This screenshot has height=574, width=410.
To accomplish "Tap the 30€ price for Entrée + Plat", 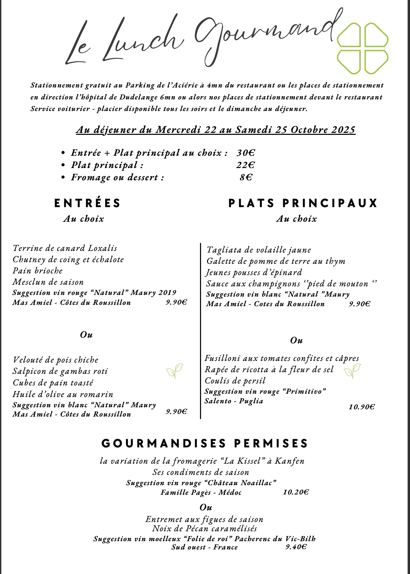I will pyautogui.click(x=246, y=153).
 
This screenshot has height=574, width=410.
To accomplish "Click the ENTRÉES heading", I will pyautogui.click(x=88, y=203).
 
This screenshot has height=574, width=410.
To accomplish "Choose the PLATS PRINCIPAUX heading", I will pyautogui.click(x=303, y=203).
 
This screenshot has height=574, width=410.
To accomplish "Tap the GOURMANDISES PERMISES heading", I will pyautogui.click(x=205, y=443).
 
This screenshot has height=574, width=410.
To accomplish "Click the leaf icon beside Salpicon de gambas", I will pyautogui.click(x=175, y=371).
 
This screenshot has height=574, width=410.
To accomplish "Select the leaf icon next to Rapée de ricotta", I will pyautogui.click(x=352, y=371).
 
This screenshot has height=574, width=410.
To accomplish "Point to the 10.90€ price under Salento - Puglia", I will pyautogui.click(x=362, y=407).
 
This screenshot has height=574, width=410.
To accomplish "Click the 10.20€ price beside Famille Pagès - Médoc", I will pyautogui.click(x=296, y=492).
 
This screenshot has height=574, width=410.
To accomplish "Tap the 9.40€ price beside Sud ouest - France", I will pyautogui.click(x=296, y=547).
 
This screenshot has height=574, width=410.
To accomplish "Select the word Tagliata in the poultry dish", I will pyautogui.click(x=223, y=250).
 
